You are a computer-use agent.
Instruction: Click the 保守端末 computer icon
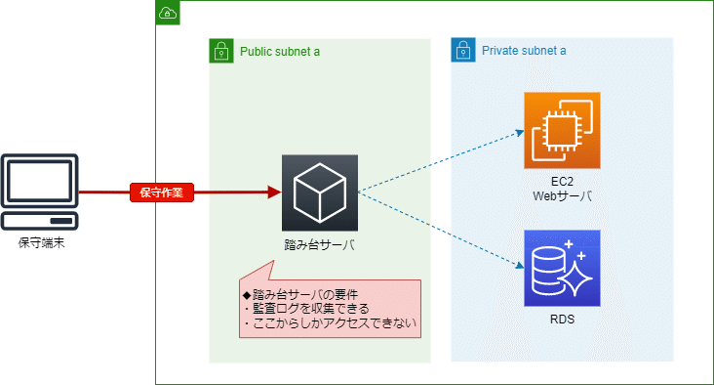[40, 192]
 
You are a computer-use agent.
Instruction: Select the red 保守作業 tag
[162, 192]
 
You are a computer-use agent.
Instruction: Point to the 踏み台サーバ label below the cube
[319, 245]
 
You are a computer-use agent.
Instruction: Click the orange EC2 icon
[562, 130]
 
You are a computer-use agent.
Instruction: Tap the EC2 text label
[563, 181]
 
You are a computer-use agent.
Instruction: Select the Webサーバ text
[563, 196]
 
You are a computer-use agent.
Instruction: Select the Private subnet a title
[524, 51]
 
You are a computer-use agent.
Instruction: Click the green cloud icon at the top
[168, 13]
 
